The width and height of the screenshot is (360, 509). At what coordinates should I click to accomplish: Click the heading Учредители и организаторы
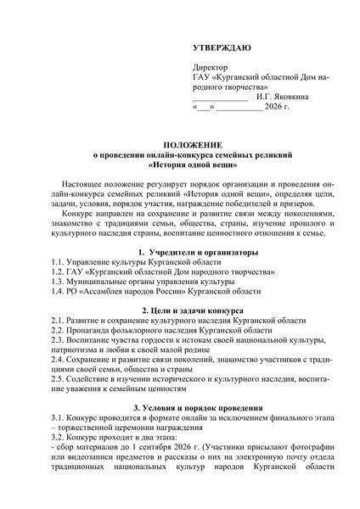pyautogui.click(x=184, y=253)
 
